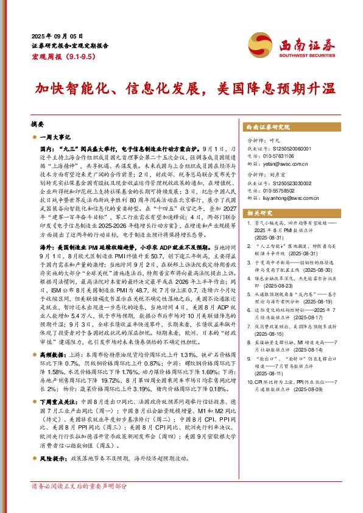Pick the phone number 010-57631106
coord(283,155)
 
